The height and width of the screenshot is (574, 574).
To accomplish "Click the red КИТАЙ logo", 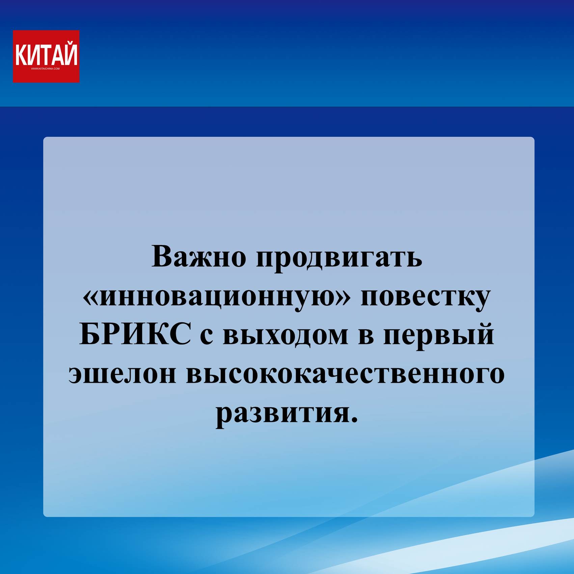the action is pos(46,56).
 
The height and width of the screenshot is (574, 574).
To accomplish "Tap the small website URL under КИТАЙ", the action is pos(45,69).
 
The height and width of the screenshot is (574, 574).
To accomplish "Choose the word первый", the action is pos(439,335).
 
